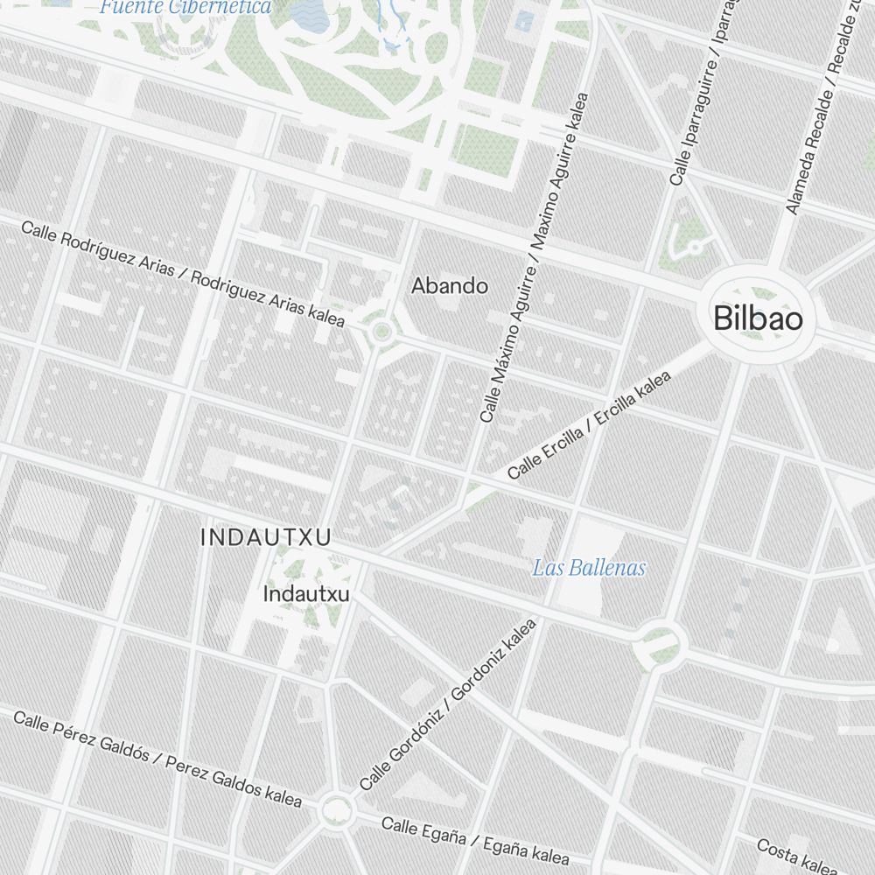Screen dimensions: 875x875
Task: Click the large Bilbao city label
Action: [x=758, y=318]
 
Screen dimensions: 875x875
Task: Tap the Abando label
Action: [x=450, y=285]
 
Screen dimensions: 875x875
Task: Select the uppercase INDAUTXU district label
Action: [x=266, y=537]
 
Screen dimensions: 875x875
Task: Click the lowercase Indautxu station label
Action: [x=306, y=594]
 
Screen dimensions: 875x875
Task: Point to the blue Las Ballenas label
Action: [x=589, y=568]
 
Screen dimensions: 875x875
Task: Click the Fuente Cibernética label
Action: [x=185, y=8]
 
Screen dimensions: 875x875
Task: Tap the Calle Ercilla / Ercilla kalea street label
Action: [x=590, y=425]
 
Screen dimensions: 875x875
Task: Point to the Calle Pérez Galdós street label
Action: [x=157, y=759]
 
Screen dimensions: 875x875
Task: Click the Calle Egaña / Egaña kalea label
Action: [x=474, y=839]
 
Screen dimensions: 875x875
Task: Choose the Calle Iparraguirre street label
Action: [x=700, y=92]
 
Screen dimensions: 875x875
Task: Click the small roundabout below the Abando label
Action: [x=381, y=332]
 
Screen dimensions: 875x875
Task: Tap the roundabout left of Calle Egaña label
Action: [x=336, y=809]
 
